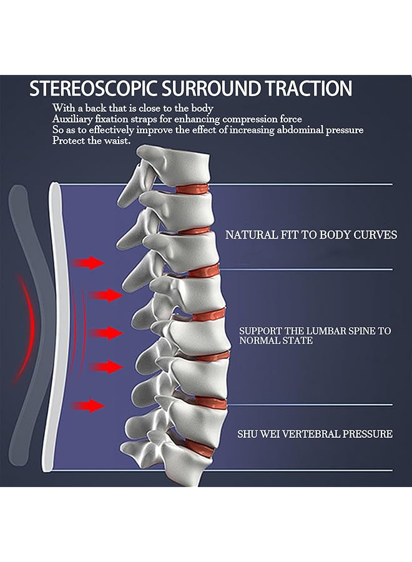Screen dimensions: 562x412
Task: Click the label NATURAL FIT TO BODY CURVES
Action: pyautogui.click(x=311, y=235)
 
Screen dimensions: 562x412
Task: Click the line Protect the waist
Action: pyautogui.click(x=91, y=140)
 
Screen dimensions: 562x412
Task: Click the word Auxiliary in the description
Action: pyautogui.click(x=73, y=119)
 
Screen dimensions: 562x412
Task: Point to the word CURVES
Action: pyautogui.click(x=376, y=235)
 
